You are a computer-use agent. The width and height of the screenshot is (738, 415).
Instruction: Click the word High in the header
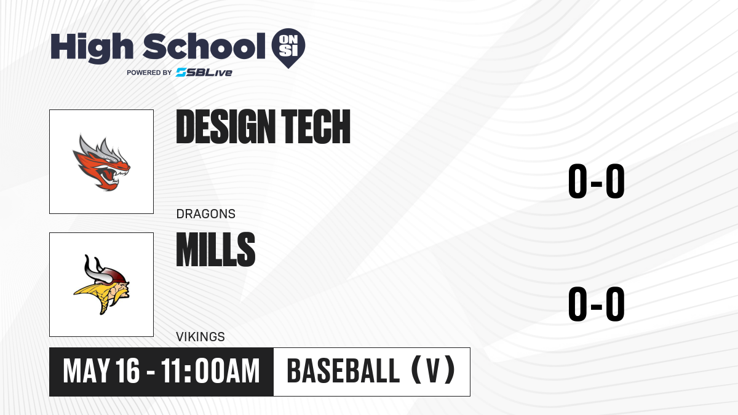click(92, 47)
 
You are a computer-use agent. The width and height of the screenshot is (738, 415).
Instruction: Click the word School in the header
click(204, 45)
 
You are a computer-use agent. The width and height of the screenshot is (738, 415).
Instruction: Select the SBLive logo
click(204, 73)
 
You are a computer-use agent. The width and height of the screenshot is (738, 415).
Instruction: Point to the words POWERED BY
click(149, 73)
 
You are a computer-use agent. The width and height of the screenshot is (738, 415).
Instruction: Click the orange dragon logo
click(101, 162)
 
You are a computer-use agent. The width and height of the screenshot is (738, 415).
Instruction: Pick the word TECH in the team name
click(315, 127)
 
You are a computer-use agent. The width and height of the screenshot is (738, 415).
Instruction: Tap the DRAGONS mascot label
click(206, 214)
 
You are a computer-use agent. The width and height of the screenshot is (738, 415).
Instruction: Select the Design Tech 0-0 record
click(597, 181)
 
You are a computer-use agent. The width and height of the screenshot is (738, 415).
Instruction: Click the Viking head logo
click(101, 285)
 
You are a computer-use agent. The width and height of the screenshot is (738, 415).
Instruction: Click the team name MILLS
click(216, 250)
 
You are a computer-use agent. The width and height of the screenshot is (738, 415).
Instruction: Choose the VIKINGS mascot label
click(200, 337)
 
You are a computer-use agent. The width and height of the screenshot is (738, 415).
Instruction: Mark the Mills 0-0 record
click(597, 304)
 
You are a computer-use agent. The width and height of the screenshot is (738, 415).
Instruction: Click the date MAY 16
click(101, 371)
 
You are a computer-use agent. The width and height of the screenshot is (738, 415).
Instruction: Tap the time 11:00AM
click(210, 371)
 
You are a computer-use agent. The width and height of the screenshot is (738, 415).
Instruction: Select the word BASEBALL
click(343, 371)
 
